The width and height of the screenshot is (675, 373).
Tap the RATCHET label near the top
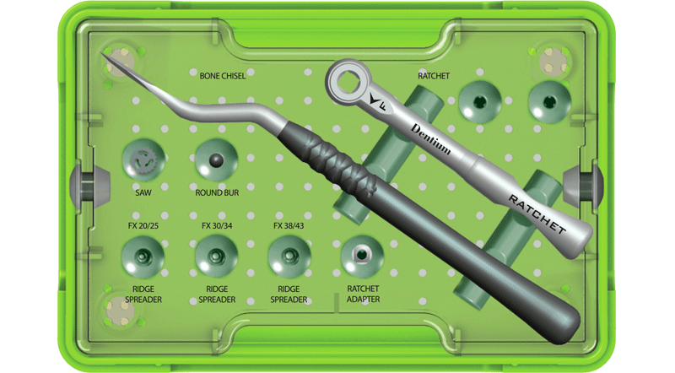(x=435, y=76)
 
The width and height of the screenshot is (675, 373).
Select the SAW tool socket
(x=142, y=159)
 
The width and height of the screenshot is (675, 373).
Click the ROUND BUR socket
(x=216, y=159)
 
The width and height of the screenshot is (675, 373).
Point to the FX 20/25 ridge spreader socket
(x=142, y=255)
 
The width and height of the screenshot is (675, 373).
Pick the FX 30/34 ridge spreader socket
(x=216, y=255)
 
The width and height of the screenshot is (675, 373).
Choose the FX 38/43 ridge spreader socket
(x=289, y=255)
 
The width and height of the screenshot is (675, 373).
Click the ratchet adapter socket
(x=361, y=255)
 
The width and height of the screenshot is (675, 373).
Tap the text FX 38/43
(x=289, y=226)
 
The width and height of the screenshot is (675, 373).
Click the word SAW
(x=142, y=193)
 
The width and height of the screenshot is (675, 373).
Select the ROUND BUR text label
(x=216, y=193)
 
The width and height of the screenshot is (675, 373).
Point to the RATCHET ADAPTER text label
(x=363, y=294)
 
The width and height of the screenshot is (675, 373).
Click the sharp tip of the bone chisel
(x=103, y=55)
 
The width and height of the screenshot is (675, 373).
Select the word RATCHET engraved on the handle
(x=537, y=212)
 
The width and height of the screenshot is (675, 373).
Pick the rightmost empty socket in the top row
(x=549, y=103)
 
